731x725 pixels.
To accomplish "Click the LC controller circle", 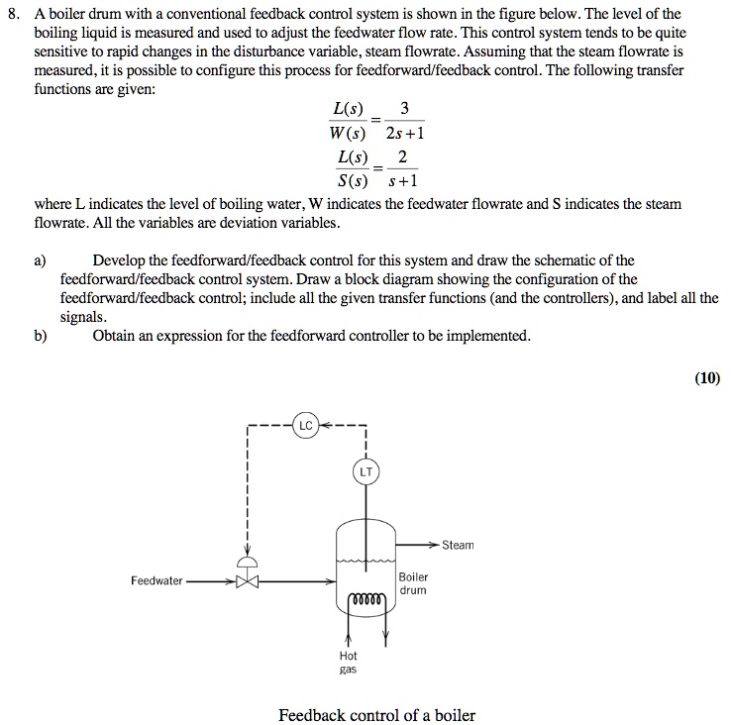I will [x=305, y=426].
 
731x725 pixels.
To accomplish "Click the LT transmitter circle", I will [x=365, y=472].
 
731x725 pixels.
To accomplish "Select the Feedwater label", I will [x=157, y=581].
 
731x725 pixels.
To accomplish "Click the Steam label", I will [x=458, y=546].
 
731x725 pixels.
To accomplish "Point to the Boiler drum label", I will [x=413, y=583].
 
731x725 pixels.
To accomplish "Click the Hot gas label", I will [x=348, y=663].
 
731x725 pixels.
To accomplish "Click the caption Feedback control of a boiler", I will [x=376, y=714].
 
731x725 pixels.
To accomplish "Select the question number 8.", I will [x=13, y=13].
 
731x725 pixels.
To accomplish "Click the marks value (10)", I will [x=707, y=376].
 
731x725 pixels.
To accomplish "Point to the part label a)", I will [x=40, y=261].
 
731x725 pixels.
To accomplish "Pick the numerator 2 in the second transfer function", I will [x=401, y=157].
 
